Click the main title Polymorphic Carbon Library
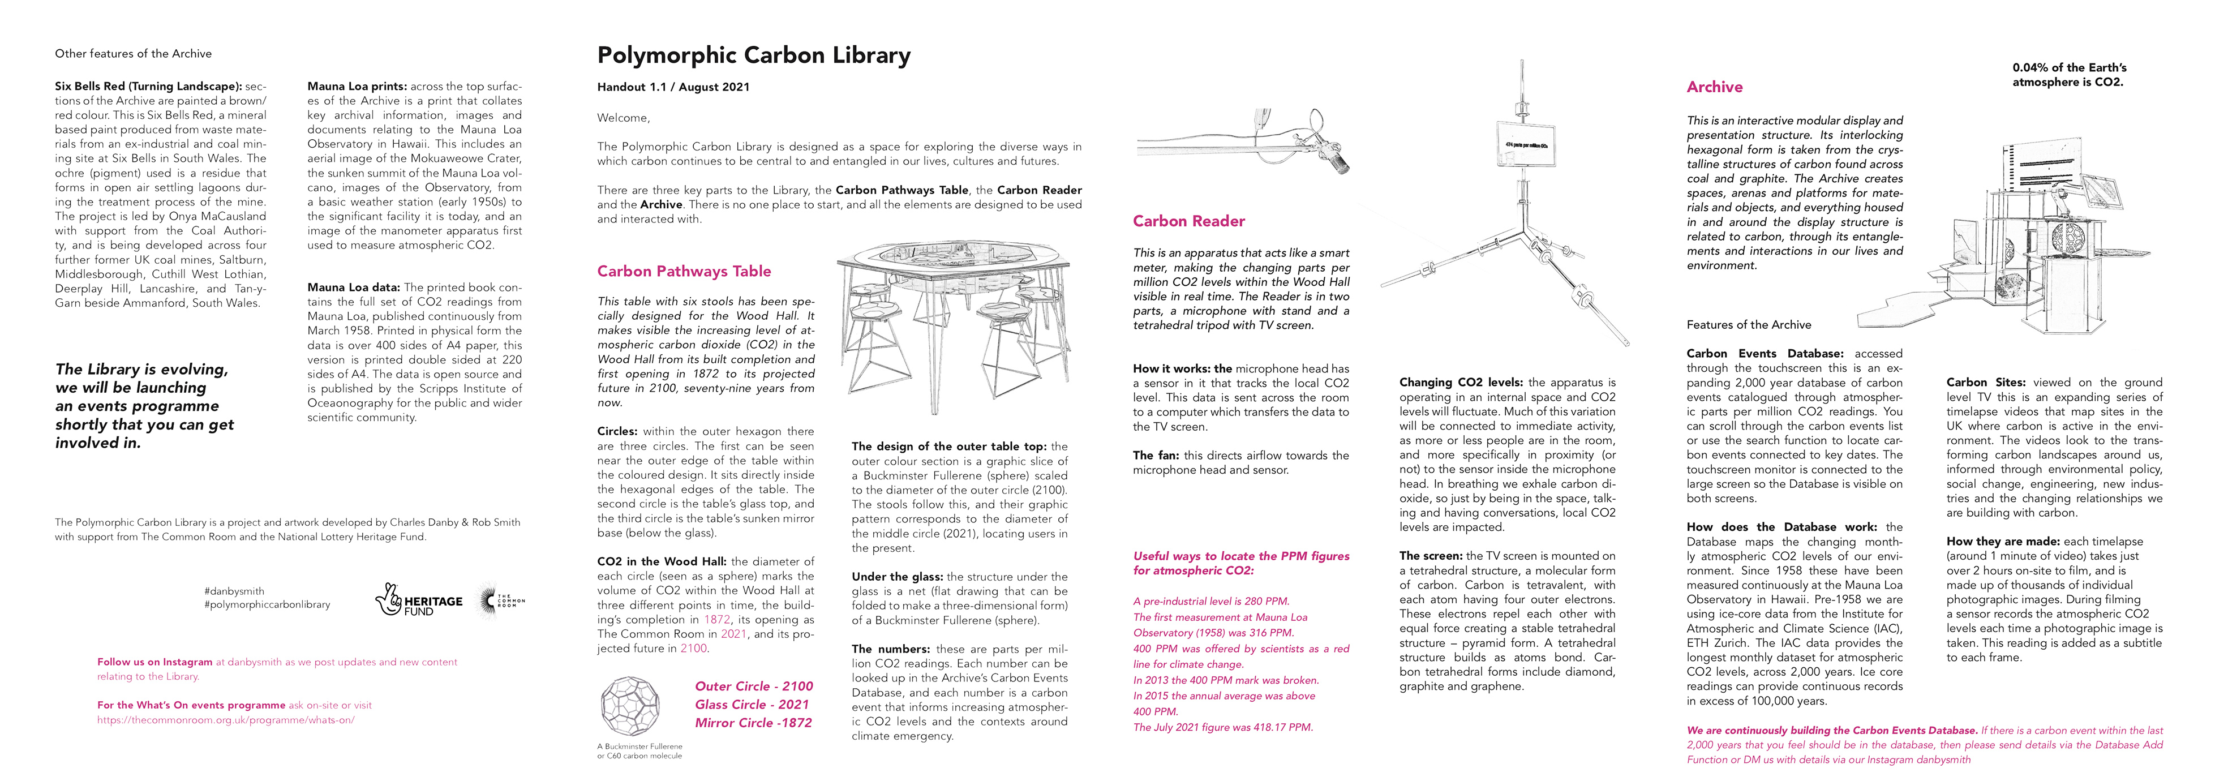coord(753,55)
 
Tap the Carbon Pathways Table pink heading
coord(683,271)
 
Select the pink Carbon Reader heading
coord(1188,221)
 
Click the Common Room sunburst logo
coord(500,600)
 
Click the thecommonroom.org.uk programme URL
coord(226,719)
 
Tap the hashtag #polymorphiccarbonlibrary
coord(267,604)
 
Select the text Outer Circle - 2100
coord(753,686)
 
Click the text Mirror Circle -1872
coord(753,723)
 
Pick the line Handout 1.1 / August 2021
coord(673,87)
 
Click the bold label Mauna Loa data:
coord(353,287)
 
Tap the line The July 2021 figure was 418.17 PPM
coord(1223,727)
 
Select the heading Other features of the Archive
coord(133,54)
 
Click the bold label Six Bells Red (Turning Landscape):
coord(148,87)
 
